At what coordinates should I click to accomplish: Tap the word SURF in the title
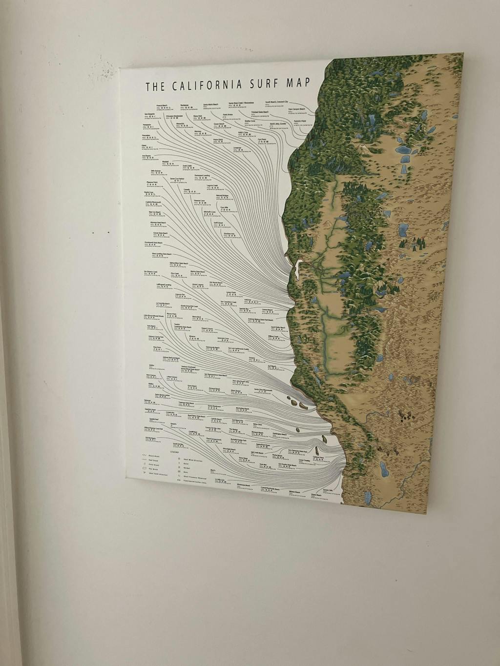pyautogui.click(x=269, y=83)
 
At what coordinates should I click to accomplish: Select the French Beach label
pyautogui.click(x=162, y=105)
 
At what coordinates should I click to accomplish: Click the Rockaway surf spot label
pyautogui.click(x=184, y=105)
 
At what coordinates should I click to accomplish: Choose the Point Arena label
pyautogui.click(x=228, y=114)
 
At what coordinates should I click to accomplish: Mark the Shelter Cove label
pyautogui.click(x=250, y=121)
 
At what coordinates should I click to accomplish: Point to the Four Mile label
pyautogui.click(x=225, y=207)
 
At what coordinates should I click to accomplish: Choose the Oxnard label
pyautogui.click(x=251, y=358)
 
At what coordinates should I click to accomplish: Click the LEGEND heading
pyautogui.click(x=174, y=452)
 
